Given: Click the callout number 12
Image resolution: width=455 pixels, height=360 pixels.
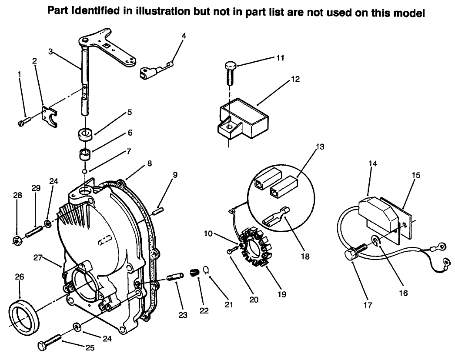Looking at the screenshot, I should tap(295, 79).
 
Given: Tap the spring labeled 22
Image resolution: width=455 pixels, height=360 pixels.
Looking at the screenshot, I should tap(194, 274).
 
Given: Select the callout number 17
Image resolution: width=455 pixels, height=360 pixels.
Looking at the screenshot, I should tap(368, 305).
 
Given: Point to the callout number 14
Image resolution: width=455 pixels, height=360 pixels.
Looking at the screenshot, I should tap(372, 163).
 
